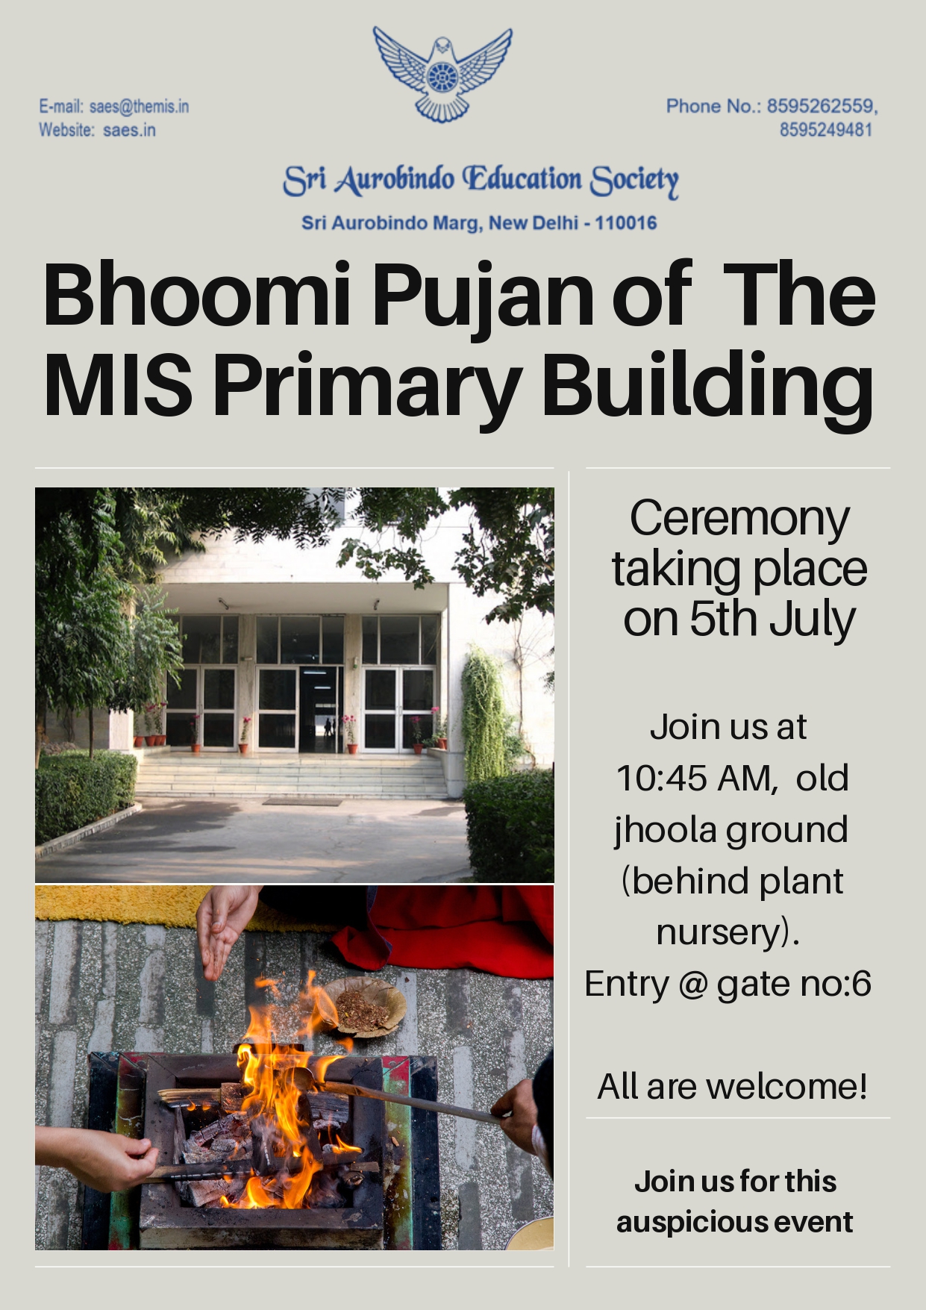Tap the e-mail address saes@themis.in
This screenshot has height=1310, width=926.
click(139, 107)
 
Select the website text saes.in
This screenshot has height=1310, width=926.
click(129, 130)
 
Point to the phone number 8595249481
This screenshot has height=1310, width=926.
click(826, 130)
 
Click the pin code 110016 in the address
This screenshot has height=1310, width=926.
click(625, 222)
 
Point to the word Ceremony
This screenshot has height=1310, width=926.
click(739, 520)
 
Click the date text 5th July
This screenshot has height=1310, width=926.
click(772, 620)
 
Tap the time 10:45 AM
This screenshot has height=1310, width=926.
click(693, 779)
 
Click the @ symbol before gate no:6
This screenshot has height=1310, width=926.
click(693, 985)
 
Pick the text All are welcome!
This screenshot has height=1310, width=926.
click(733, 1086)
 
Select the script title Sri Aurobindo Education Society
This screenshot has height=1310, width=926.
click(481, 181)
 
